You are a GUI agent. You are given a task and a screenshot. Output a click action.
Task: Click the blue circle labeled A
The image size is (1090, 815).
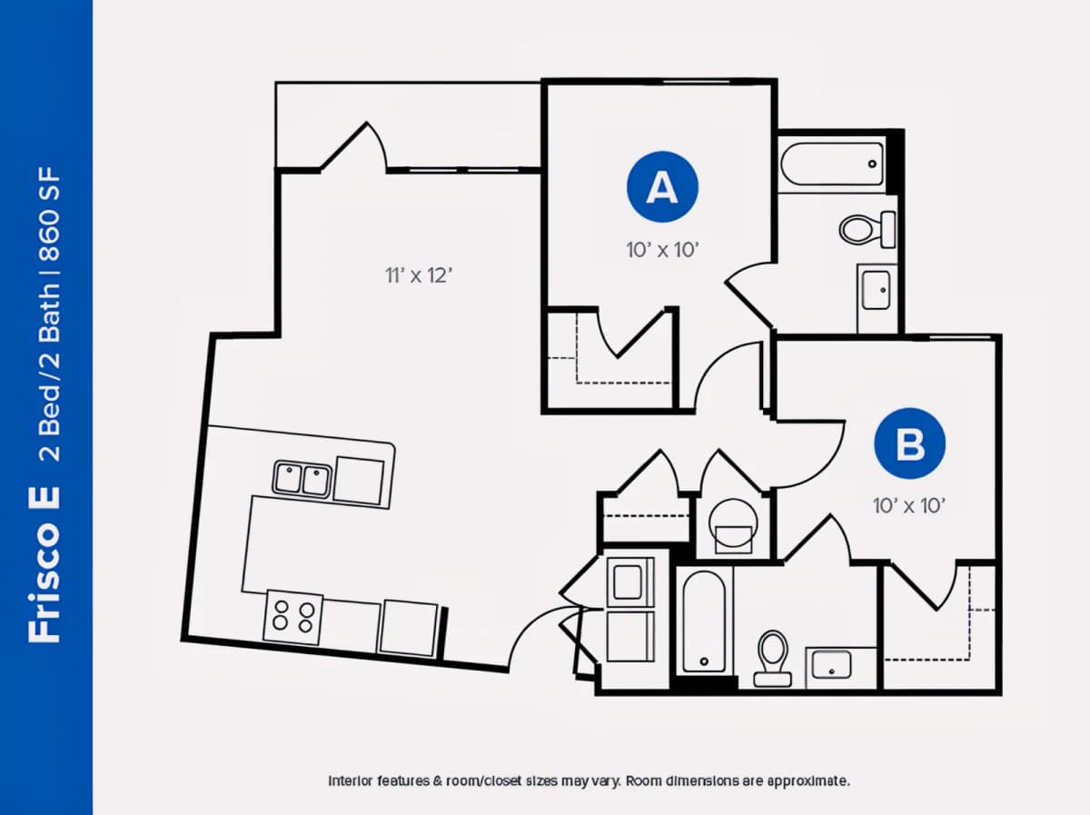[662, 187]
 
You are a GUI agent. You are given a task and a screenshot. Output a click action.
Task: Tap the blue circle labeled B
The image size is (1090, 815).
[910, 443]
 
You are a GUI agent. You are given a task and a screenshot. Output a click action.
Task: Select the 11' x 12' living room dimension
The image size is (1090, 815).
[419, 275]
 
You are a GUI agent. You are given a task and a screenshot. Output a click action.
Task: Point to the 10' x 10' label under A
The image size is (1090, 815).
[662, 250]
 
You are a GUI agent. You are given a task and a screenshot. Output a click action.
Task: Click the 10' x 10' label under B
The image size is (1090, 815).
[909, 505]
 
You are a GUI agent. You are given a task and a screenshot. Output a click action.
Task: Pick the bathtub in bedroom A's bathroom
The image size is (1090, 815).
[832, 164]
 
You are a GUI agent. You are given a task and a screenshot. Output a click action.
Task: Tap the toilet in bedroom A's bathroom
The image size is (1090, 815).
[867, 230]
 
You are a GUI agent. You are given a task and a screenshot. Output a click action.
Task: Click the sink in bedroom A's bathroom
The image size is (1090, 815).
[877, 290]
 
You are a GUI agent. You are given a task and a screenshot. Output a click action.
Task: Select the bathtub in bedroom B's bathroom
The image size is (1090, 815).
[704, 621]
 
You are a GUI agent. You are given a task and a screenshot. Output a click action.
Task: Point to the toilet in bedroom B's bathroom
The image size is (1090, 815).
[773, 659]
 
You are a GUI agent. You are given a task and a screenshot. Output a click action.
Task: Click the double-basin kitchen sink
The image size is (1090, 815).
[302, 480]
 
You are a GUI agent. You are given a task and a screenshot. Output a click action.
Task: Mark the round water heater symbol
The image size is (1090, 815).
[733, 524]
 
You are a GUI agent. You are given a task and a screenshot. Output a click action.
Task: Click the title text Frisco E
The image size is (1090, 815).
[45, 563]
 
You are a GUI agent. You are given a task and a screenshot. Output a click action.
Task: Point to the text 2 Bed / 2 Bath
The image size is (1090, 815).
[49, 372]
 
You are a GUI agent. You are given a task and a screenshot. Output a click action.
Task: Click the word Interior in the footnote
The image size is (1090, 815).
[350, 780]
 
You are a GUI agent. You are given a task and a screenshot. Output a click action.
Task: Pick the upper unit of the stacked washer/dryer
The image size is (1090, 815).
[629, 581]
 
